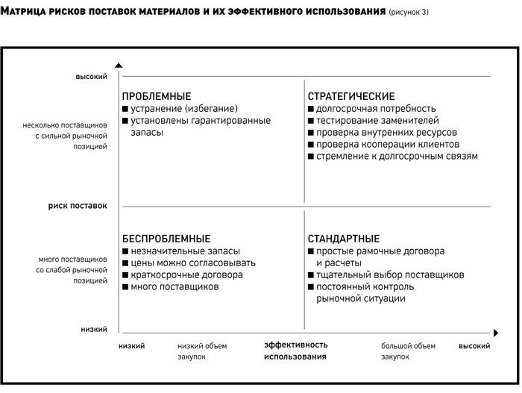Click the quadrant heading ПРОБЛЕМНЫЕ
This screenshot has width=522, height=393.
click(157, 97)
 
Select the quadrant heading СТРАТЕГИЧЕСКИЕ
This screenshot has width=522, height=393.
click(351, 97)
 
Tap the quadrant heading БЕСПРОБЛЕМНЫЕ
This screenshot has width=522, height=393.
click(166, 239)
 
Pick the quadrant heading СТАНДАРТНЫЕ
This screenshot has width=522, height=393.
click(344, 239)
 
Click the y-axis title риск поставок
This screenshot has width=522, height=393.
click(78, 206)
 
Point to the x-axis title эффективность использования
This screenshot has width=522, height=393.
click(295, 350)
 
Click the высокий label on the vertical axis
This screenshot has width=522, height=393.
click(92, 77)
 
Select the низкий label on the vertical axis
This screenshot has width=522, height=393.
click(94, 330)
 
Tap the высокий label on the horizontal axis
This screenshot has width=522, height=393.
click(474, 346)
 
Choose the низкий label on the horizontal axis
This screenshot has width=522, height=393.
click(132, 346)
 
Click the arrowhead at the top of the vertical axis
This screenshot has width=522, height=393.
click(119, 66)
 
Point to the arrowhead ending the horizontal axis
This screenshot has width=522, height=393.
click(496, 333)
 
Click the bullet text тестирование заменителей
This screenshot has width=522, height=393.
click(377, 121)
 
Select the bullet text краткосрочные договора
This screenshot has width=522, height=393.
click(186, 275)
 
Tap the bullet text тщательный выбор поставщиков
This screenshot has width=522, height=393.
click(390, 275)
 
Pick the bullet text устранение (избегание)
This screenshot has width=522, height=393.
click(184, 109)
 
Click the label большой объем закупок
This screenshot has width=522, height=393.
click(409, 351)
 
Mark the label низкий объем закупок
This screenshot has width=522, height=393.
click(202, 351)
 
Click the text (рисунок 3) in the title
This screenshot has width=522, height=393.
click(409, 13)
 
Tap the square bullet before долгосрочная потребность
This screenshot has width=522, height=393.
click(311, 109)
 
